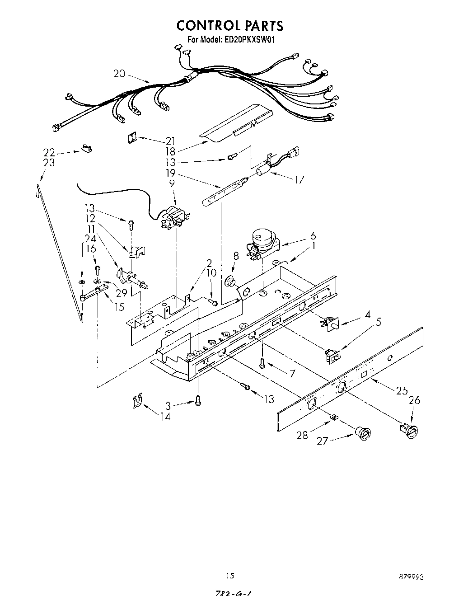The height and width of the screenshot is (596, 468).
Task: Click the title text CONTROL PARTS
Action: click(x=229, y=25)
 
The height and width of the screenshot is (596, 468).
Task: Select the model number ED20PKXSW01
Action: click(x=249, y=40)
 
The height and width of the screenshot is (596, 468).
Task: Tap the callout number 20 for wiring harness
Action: click(x=119, y=73)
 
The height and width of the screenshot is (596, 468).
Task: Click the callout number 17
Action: click(x=299, y=180)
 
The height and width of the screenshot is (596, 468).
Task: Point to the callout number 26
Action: click(x=414, y=399)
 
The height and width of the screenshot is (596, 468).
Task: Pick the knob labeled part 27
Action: click(x=363, y=432)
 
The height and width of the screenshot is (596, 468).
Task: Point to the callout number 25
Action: click(x=402, y=390)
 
